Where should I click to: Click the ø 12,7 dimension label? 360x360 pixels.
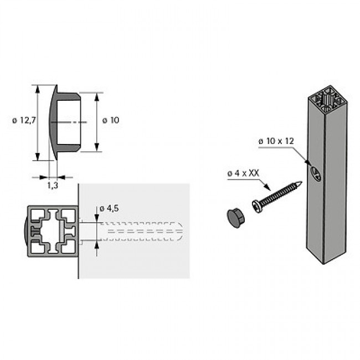[x=24, y=120]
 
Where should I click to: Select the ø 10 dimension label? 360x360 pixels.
[x=111, y=120]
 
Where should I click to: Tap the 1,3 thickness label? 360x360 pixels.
[x=53, y=185]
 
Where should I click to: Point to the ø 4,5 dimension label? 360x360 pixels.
[x=109, y=208]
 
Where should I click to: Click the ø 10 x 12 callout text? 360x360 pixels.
[x=276, y=141]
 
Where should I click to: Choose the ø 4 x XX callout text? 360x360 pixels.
[x=243, y=173]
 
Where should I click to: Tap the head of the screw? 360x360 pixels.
[x=258, y=206]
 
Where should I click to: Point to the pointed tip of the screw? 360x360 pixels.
[x=300, y=183]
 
